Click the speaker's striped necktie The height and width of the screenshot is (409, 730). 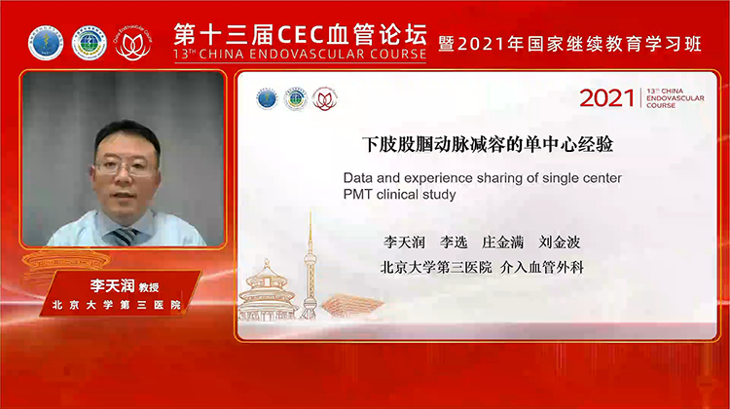pyautogui.click(x=124, y=236)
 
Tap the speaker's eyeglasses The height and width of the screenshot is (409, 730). pyautogui.click(x=128, y=167)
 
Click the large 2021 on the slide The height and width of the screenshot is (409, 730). pyautogui.click(x=606, y=98)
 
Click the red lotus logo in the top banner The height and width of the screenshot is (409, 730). pyautogui.click(x=132, y=42)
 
